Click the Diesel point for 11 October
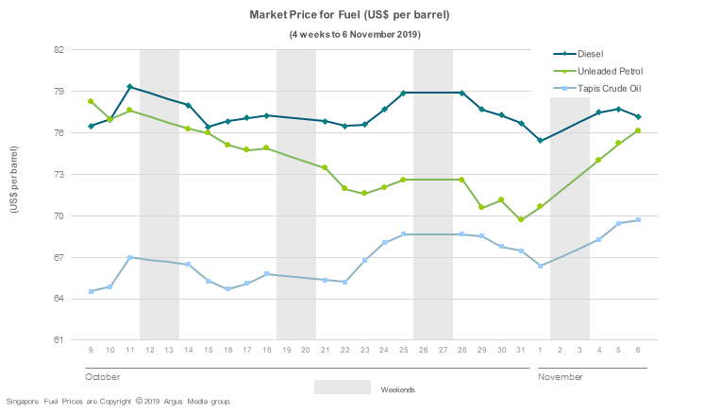point(129,87)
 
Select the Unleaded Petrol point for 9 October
point(91,101)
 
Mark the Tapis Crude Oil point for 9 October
point(91,291)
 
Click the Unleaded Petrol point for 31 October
point(520,219)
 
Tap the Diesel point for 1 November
point(540,141)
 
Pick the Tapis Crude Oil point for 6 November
point(638,220)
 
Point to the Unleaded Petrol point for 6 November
point(638,130)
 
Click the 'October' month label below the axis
point(103,376)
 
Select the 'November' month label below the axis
point(562,376)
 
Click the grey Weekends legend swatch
point(342,388)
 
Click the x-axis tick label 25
point(403,351)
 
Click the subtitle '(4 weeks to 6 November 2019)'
point(354,34)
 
